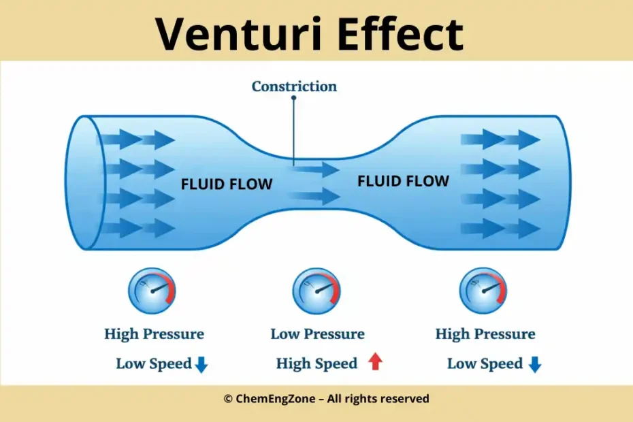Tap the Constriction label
click(294, 86)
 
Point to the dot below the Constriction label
click(294, 98)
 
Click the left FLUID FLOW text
click(226, 184)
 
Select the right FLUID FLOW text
click(403, 181)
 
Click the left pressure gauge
click(152, 290)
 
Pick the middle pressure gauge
click(316, 290)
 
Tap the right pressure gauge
click(483, 290)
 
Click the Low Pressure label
click(317, 334)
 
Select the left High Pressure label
click(154, 334)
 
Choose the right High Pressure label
click(485, 334)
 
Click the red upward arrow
click(375, 363)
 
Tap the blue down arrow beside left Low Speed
click(201, 365)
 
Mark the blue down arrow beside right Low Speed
click(535, 365)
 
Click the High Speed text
click(316, 363)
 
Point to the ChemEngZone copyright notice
click(326, 399)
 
